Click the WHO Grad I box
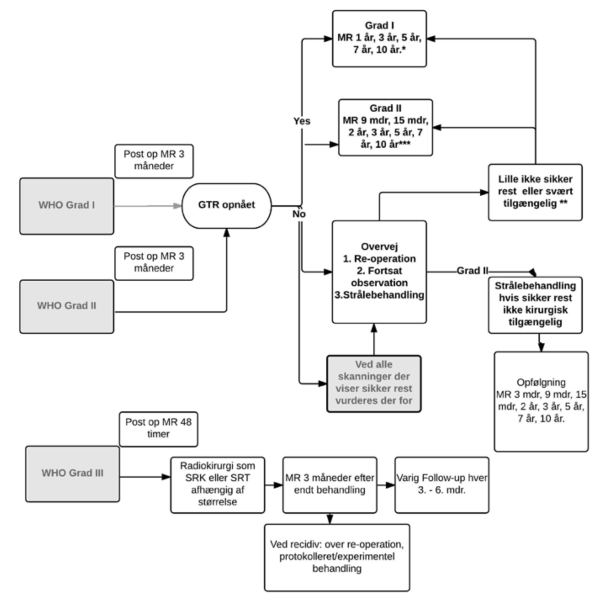coord(66,206)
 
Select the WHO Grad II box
coord(66,306)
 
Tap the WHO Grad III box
coord(72,473)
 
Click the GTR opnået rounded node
coord(226,205)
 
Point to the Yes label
coord(302,121)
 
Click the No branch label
coord(299,214)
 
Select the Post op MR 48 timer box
coord(158,428)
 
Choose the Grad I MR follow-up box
coord(379,38)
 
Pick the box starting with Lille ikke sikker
coord(535,192)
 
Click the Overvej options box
coord(379,272)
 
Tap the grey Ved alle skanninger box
coord(374,383)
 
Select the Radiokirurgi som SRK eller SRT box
coord(217,484)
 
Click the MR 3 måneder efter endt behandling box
coord(330,484)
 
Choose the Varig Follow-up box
coord(442,484)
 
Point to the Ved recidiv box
coord(337,557)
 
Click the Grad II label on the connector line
coord(472,271)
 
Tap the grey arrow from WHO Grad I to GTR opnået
coord(147,206)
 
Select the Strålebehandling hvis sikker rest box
coord(535,304)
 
